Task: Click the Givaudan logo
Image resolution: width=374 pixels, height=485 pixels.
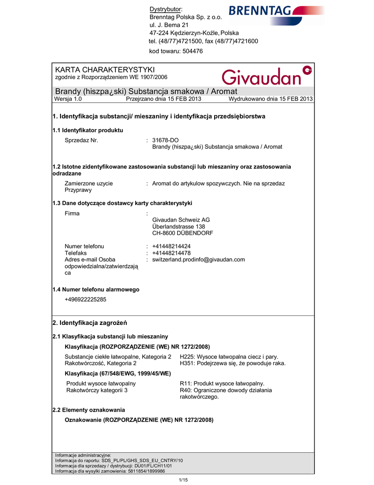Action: [x=267, y=75]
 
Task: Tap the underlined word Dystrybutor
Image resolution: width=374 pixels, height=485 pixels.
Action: [x=165, y=10]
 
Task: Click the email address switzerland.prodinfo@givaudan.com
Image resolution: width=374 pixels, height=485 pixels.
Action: [x=199, y=260]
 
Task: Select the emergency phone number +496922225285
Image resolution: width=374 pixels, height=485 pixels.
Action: [x=86, y=299]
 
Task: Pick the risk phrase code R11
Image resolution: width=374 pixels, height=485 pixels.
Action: [x=186, y=383]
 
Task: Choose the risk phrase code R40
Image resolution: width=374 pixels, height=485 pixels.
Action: [x=186, y=390]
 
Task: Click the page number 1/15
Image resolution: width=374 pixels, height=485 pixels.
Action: [x=183, y=480]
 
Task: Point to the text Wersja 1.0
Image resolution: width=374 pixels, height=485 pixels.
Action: [x=69, y=99]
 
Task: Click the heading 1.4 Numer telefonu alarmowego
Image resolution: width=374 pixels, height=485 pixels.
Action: [x=96, y=289]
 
